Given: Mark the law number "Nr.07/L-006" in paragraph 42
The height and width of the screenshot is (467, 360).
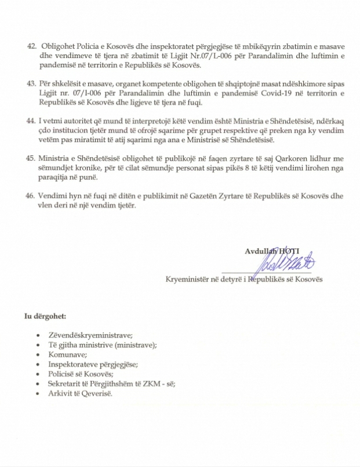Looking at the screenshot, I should tap(188, 55).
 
